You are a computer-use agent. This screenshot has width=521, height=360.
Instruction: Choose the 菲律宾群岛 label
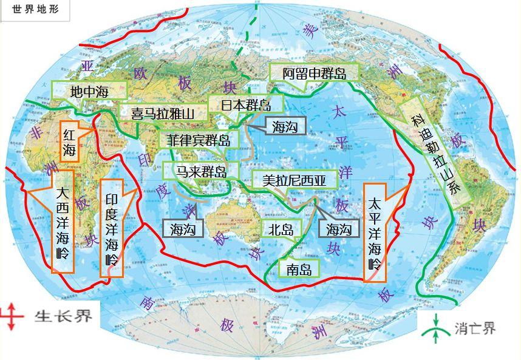[199, 140]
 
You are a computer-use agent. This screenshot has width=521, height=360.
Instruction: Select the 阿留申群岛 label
[315, 74]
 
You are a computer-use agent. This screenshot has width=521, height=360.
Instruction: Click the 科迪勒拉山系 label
[437, 152]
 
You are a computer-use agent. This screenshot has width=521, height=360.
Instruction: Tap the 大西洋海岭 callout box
[63, 222]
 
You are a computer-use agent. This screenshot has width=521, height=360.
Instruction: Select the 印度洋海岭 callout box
[112, 228]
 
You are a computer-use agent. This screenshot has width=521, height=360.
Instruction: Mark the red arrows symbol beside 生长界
[12, 317]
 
